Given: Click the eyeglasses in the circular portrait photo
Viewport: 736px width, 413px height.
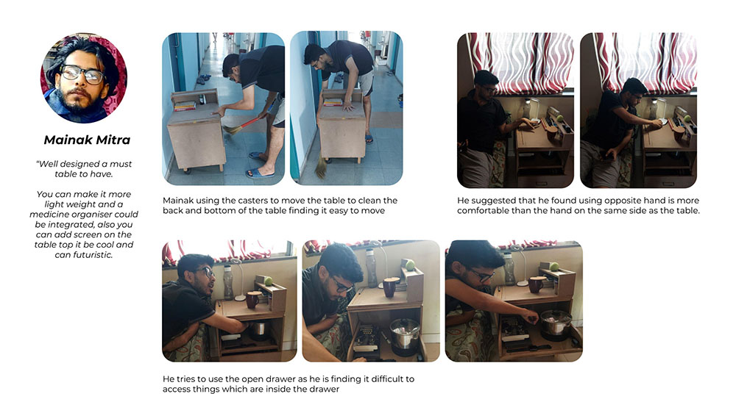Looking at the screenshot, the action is [82, 73].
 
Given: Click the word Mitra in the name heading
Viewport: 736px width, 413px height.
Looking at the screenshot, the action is [113, 140].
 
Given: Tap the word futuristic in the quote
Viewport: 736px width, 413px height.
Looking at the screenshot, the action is [91, 255].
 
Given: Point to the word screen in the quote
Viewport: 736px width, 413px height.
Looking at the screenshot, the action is [101, 234].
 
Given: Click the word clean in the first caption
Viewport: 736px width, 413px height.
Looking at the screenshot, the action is [386, 201].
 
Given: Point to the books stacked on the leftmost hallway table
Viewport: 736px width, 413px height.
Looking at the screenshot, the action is [185, 107].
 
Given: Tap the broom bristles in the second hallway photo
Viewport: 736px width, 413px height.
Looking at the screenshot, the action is [322, 165].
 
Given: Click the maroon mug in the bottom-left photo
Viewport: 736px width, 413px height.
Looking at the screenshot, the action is [253, 300].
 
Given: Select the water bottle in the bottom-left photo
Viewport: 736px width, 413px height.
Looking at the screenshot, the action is [227, 283].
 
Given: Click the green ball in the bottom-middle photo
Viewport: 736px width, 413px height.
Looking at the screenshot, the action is [410, 265].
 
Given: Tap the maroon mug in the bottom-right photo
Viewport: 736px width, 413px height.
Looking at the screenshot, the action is [536, 284].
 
